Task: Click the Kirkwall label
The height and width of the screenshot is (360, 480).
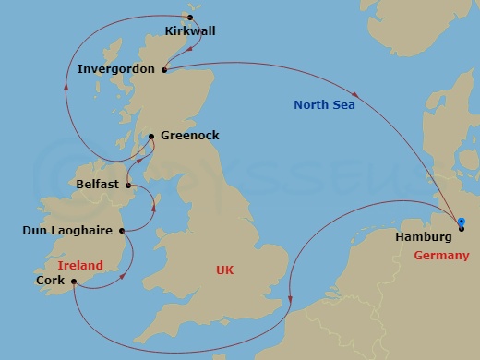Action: tap(189, 30)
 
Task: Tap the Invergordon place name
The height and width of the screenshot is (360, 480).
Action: tap(118, 69)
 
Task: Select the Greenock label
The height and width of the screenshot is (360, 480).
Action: tap(190, 135)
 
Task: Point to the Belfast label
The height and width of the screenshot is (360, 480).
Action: tap(99, 184)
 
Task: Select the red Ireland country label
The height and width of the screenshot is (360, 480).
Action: tap(80, 265)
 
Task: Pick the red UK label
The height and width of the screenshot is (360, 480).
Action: tap(225, 270)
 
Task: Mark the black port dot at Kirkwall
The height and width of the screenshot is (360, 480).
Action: tap(190, 17)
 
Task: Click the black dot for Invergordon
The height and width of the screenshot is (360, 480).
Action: tap(163, 69)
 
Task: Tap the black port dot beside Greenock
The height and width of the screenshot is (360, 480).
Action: tap(150, 136)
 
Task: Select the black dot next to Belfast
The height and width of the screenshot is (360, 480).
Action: tap(128, 185)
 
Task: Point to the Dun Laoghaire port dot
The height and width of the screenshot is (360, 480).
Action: tap(123, 230)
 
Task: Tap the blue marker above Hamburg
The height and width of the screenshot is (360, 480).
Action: tap(461, 221)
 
